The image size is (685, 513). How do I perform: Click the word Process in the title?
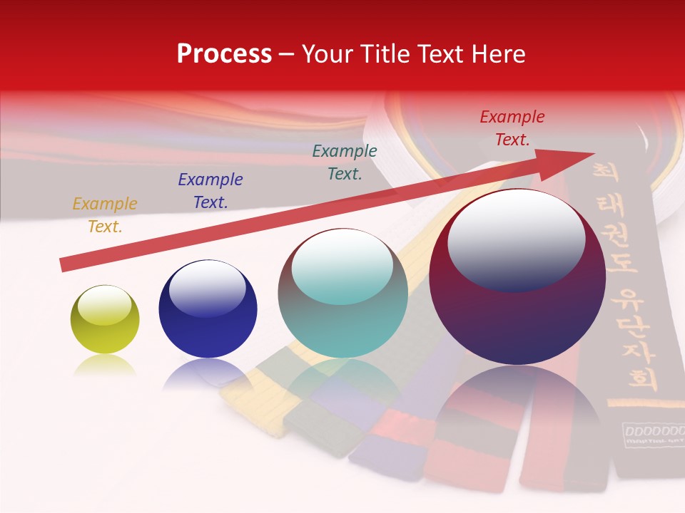tap(224, 54)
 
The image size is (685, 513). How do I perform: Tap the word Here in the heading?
tap(498, 54)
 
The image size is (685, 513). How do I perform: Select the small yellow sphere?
tap(105, 320)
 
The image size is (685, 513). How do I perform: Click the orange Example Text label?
tap(105, 215)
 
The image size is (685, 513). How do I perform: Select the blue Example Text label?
tap(210, 191)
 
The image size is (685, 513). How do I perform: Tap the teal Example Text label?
tap(345, 162)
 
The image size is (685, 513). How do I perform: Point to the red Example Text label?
tap(512, 128)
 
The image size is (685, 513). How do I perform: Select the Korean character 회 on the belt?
tap(643, 377)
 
